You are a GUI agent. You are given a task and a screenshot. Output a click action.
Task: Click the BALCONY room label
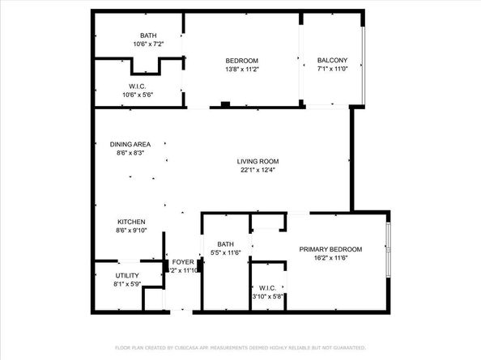click(332, 61)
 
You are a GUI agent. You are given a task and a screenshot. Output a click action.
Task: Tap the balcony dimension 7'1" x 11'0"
click(332, 70)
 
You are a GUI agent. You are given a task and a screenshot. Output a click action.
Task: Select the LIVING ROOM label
click(258, 161)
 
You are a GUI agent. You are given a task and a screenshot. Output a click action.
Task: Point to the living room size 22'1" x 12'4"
click(258, 171)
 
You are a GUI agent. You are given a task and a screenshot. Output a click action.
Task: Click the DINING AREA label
click(130, 144)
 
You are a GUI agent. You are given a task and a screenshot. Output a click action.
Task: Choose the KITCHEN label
click(130, 222)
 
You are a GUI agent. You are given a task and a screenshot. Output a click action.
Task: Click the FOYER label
click(183, 262)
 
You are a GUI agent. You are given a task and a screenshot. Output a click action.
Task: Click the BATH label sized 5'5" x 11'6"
click(225, 244)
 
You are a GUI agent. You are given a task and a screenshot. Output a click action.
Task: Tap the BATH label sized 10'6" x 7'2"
click(148, 35)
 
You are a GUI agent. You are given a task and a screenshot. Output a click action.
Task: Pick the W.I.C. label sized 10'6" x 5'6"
click(137, 86)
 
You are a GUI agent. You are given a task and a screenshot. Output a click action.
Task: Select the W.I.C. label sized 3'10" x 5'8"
click(267, 287)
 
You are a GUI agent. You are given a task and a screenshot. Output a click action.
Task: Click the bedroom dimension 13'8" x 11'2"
click(241, 70)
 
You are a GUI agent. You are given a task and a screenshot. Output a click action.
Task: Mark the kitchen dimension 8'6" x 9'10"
click(130, 231)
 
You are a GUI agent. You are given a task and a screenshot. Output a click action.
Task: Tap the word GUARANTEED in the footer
click(346, 347)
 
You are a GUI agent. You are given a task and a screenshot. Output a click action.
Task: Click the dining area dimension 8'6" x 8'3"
click(130, 154)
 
